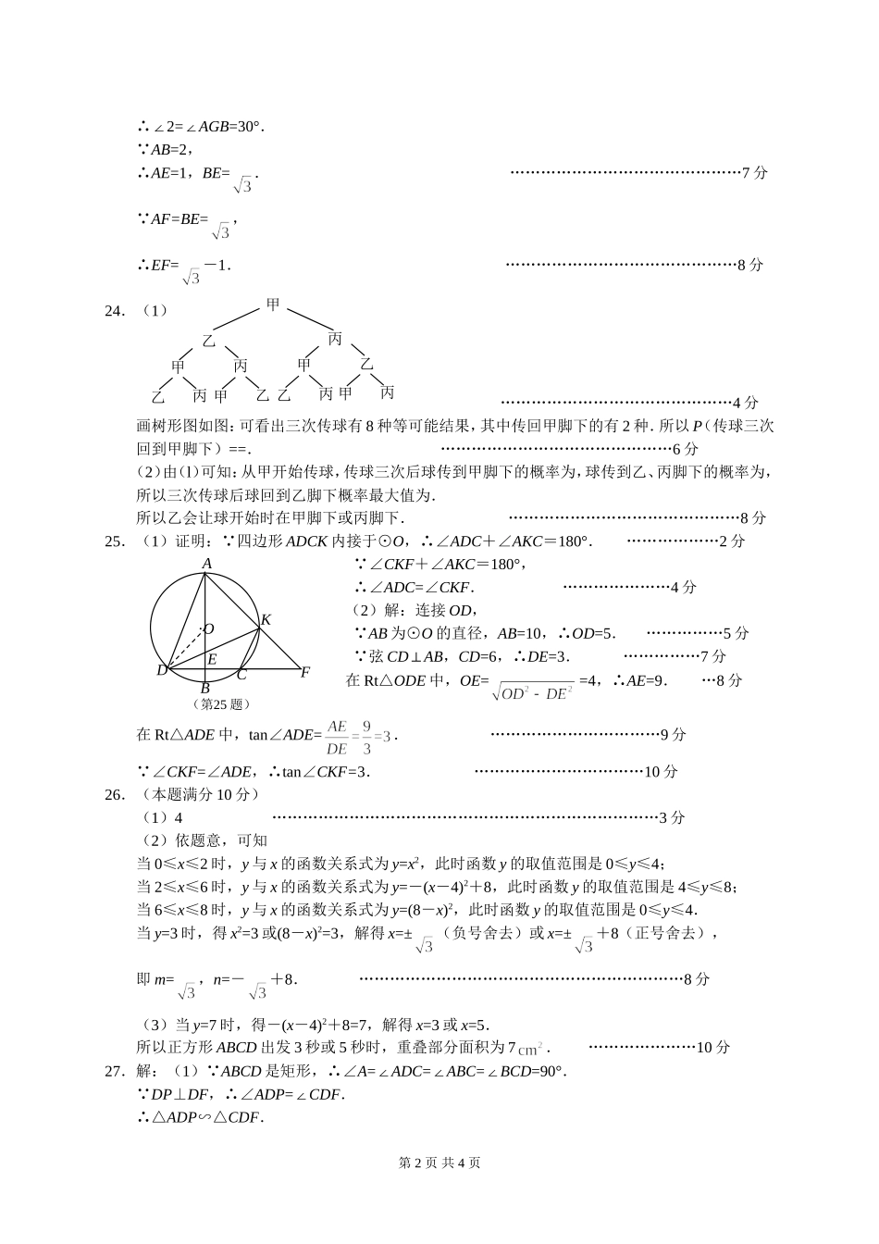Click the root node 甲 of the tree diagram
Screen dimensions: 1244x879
tap(273, 304)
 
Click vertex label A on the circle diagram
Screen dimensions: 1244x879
tap(207, 564)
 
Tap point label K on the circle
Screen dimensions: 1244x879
tap(266, 619)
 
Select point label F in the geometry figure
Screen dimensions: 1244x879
tap(304, 672)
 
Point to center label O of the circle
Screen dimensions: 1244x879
tap(209, 629)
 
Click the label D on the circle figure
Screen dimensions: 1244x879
tap(161, 670)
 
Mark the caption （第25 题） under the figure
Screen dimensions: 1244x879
tap(222, 703)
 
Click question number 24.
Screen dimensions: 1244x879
tap(115, 311)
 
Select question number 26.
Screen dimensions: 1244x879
tap(115, 794)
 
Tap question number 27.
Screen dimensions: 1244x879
tap(115, 1071)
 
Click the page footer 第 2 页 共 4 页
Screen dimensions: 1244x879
tap(439, 1163)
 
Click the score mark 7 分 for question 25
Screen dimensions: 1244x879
tap(713, 656)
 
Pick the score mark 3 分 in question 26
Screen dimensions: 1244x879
tap(672, 817)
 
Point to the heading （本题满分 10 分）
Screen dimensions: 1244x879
tap(200, 794)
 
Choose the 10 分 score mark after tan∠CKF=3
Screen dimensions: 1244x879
tap(661, 772)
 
